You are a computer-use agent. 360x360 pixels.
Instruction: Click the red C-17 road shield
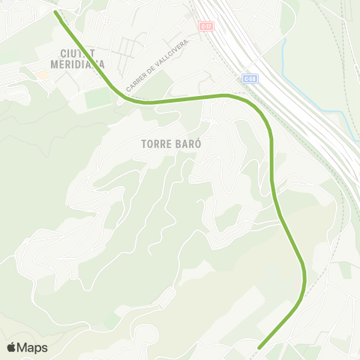205,25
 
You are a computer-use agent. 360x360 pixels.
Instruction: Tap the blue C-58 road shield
250,78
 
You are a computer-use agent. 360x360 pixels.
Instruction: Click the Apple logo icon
11,347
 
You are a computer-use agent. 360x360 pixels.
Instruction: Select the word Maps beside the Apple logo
32,347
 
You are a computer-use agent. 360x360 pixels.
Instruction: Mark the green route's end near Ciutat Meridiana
57,12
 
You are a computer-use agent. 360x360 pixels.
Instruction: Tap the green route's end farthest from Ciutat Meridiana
259,347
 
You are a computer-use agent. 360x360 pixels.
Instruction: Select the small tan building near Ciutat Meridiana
43,74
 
